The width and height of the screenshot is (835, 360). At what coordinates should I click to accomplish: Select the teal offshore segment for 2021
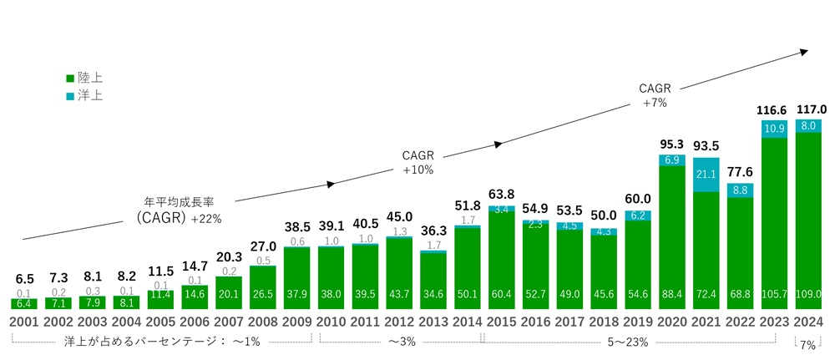pyautogui.click(x=706, y=175)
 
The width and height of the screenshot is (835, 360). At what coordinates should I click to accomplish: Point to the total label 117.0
pyautogui.click(x=810, y=109)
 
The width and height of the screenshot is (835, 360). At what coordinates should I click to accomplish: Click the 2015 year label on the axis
pyautogui.click(x=502, y=322)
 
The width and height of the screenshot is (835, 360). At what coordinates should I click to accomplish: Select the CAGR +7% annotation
pyautogui.click(x=654, y=94)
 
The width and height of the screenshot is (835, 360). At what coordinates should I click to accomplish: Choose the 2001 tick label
pyautogui.click(x=24, y=322)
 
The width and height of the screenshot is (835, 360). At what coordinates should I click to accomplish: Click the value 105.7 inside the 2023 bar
pyautogui.click(x=775, y=292)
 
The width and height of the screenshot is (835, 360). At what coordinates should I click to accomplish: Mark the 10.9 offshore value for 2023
pyautogui.click(x=775, y=129)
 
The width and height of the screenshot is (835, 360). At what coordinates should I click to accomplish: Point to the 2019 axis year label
pyautogui.click(x=638, y=322)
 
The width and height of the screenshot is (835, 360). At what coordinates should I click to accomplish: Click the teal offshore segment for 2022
pyautogui.click(x=741, y=190)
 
